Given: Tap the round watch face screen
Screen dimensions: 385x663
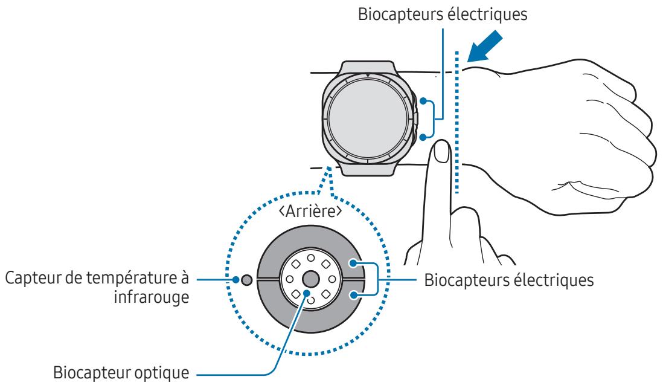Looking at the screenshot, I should click(368, 117).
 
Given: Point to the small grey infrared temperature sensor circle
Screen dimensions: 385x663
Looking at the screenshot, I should click(246, 280).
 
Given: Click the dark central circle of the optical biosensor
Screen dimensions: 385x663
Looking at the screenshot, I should click(310, 279).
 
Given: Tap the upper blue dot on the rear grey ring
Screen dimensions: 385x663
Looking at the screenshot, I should click(355, 264).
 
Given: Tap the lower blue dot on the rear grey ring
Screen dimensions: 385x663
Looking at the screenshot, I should click(355, 295).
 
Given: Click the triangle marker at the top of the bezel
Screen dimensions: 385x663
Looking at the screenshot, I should click(368, 76).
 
